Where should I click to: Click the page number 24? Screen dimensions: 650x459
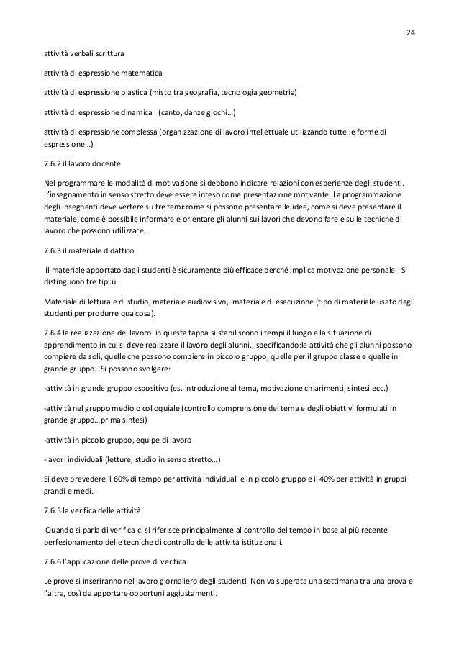click(412, 33)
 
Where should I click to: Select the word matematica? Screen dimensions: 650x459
click(140, 73)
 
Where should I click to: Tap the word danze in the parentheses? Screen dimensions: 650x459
click(189, 113)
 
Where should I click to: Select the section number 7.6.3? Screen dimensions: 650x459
click(53, 250)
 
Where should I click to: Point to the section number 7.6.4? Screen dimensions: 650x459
click(53, 332)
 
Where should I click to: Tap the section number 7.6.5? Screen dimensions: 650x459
click(53, 510)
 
